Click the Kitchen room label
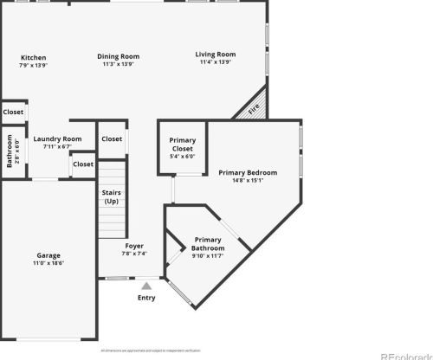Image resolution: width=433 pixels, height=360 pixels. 34,58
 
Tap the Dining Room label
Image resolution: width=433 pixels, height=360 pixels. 120,57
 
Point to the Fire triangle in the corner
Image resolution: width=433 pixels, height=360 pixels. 254,109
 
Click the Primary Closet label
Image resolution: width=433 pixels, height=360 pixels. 182,144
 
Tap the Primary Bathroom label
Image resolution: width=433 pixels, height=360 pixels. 208,244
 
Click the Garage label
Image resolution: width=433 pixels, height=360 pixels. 48,255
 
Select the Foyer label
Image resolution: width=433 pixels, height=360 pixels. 134,246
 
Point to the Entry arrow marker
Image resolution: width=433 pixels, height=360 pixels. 147,284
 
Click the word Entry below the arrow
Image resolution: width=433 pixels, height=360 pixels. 147,299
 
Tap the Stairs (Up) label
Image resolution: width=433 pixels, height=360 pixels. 112,196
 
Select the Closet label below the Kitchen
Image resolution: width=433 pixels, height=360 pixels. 13,112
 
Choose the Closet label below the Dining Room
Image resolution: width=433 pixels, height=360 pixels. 112,139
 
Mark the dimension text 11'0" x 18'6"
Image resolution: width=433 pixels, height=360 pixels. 48,263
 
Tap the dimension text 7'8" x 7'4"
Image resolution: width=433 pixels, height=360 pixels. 134,254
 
